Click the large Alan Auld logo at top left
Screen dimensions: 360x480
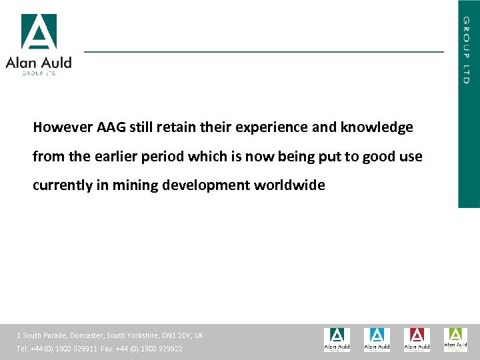38,44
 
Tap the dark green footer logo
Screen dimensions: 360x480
337,339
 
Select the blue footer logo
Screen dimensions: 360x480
377,339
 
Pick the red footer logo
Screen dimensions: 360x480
417,339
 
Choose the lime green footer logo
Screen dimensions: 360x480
456,339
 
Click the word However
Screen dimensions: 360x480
63,127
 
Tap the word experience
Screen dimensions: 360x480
267,127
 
